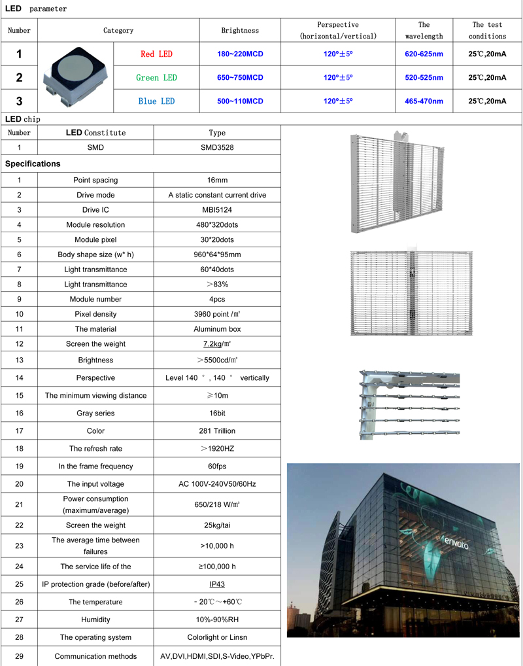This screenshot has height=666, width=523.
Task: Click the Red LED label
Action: (x=157, y=54)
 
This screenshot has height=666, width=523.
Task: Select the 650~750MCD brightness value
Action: (x=240, y=77)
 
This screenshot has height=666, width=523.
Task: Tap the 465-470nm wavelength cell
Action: (x=424, y=101)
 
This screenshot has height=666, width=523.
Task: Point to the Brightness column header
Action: (x=240, y=30)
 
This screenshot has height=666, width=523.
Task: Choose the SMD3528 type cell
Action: (x=217, y=147)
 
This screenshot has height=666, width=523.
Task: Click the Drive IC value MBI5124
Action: (x=217, y=209)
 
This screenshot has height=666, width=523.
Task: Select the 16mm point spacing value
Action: (x=217, y=180)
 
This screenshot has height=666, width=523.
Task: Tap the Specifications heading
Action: (x=33, y=164)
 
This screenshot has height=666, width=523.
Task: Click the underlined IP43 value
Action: (x=217, y=584)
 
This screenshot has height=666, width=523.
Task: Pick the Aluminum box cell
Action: (x=217, y=328)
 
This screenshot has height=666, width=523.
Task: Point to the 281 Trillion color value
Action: (x=217, y=431)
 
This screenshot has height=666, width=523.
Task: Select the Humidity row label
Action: (x=95, y=620)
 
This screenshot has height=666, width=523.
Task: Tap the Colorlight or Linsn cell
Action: (x=217, y=637)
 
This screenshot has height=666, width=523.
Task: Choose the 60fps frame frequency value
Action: (x=217, y=466)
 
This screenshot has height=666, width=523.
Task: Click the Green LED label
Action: (x=157, y=77)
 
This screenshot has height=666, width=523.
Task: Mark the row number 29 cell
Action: (x=19, y=656)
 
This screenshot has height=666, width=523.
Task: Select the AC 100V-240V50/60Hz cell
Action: (x=217, y=484)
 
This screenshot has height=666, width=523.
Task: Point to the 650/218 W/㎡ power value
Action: (x=217, y=504)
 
